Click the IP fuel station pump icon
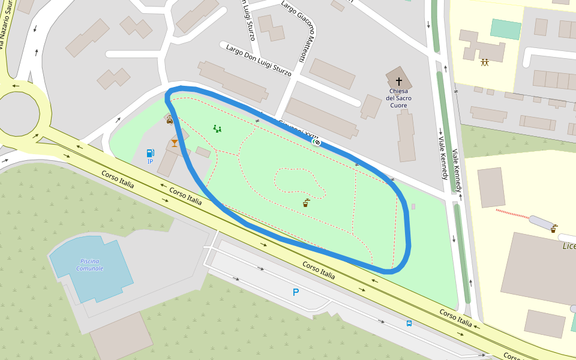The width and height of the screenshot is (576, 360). [x=150, y=154]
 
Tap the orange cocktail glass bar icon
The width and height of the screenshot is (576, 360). [x=175, y=143]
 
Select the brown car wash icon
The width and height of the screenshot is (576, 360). [x=170, y=119]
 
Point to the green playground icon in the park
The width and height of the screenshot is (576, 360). [x=217, y=128]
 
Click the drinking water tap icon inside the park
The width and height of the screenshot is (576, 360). [x=306, y=203]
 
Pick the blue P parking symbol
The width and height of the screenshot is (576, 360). [x=295, y=292]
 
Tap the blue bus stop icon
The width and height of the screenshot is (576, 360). [x=409, y=323]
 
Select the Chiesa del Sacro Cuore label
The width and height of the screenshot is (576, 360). [x=398, y=98]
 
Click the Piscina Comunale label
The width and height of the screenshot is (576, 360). [x=90, y=265]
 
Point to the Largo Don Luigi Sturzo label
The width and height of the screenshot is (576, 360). [x=259, y=60]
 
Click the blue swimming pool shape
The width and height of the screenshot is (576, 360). [x=90, y=267]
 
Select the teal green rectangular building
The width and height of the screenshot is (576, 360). [x=506, y=29]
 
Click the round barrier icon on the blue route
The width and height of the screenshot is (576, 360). [x=317, y=142]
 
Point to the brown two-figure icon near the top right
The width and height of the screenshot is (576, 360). [x=484, y=62]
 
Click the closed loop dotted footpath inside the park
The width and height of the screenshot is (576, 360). [x=300, y=182]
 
